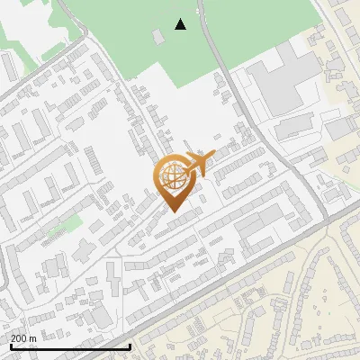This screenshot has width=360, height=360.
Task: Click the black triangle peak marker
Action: (x=181, y=24)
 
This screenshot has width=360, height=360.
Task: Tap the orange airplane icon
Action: (x=199, y=163)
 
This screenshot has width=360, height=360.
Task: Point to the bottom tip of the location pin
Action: (x=174, y=212)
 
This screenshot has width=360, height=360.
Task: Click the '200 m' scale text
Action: (x=23, y=337)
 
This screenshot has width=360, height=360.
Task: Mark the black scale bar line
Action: (x=70, y=346)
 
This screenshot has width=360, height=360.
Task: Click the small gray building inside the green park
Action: (x=158, y=36)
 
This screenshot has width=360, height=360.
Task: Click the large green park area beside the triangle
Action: (x=135, y=36)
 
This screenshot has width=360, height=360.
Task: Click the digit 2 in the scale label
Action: (x=13, y=337)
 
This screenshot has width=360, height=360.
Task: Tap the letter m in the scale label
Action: (x=33, y=337)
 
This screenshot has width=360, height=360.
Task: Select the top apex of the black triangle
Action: (x=181, y=19)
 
